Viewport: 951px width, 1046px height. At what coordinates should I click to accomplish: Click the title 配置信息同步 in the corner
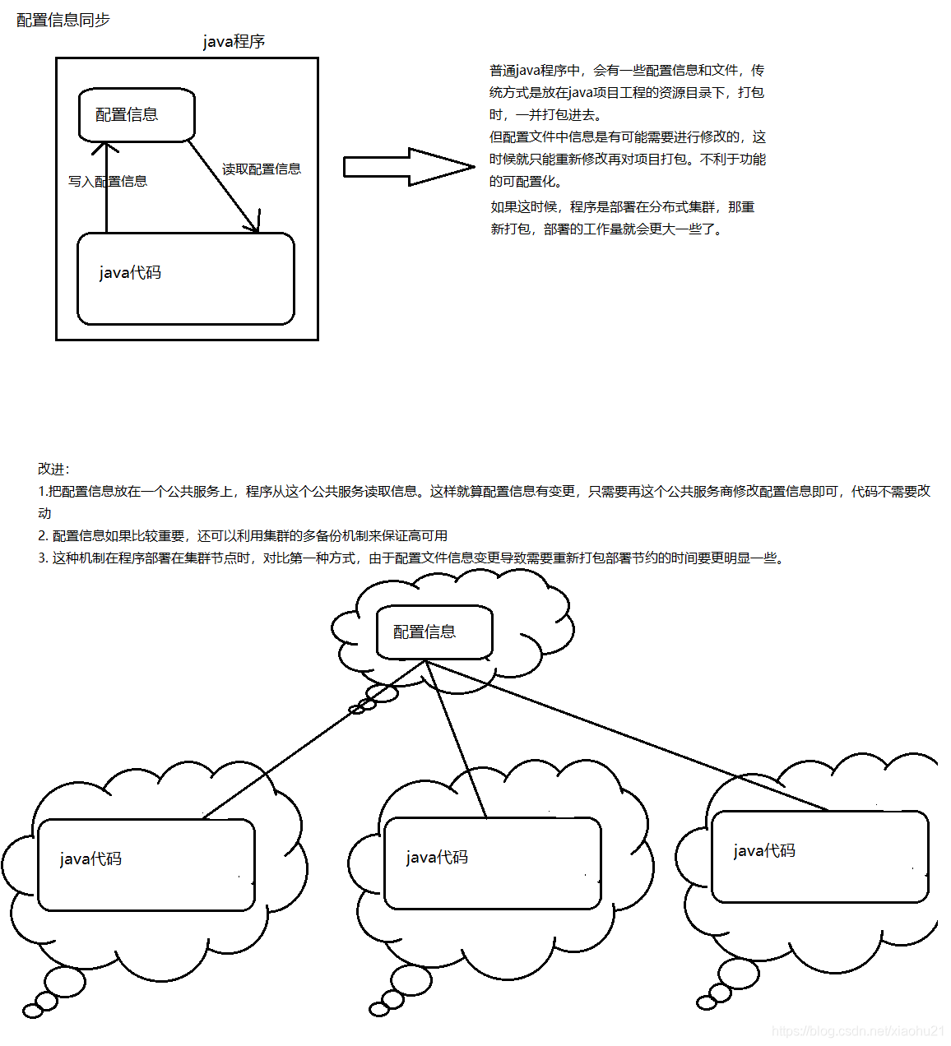pos(63,20)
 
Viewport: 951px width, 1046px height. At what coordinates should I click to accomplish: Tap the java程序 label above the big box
pos(234,42)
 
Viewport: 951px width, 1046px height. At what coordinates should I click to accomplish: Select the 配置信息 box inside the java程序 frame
pos(137,115)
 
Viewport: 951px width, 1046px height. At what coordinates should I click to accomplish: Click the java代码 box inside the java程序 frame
pos(185,278)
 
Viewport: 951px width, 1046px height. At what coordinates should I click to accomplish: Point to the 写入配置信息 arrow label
pos(108,181)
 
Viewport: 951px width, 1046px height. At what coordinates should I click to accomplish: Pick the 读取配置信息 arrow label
pos(262,169)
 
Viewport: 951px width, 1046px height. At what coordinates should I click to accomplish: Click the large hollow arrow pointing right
pos(408,167)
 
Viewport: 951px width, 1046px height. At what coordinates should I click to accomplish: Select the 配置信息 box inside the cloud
pos(434,632)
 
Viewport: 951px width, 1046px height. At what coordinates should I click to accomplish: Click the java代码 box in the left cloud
pos(146,864)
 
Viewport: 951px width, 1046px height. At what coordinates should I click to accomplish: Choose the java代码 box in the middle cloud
pos(492,863)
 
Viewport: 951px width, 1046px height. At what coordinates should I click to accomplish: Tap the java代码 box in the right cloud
pos(819,856)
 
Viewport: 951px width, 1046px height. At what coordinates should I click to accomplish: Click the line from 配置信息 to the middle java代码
pos(457,740)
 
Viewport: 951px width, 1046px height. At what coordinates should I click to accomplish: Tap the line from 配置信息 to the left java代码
pos(313,740)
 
